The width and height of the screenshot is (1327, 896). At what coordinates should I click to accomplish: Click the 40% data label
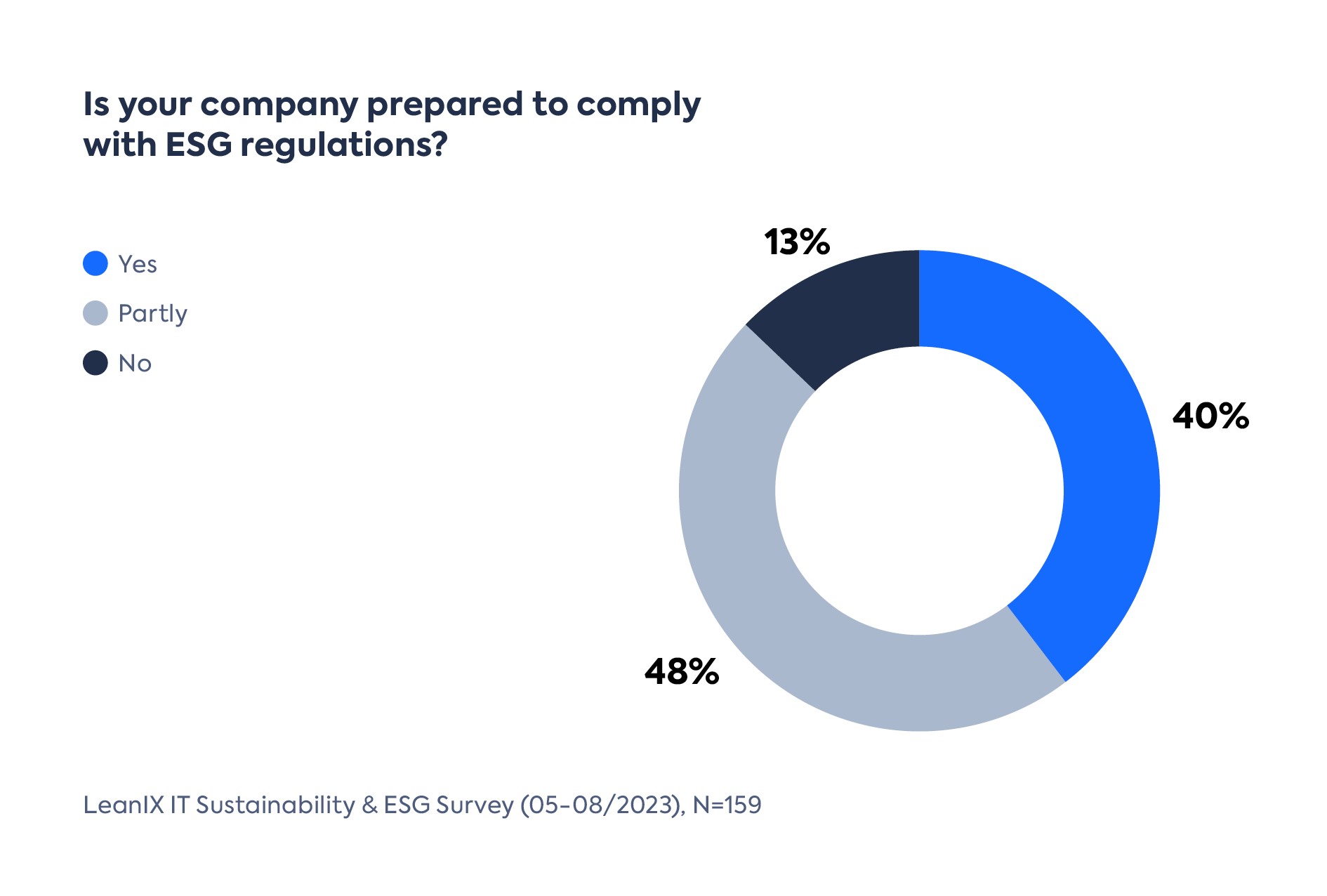(x=1210, y=416)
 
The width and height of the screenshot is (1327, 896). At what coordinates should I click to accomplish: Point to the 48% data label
(x=682, y=671)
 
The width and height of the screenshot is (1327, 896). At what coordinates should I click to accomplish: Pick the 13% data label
(x=797, y=242)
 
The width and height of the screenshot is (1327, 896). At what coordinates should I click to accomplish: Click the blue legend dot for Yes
(x=95, y=264)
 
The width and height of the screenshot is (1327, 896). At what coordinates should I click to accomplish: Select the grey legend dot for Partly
(x=95, y=313)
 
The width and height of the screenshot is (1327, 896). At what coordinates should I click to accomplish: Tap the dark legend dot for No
(x=95, y=363)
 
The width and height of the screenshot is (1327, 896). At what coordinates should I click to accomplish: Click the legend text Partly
(x=152, y=313)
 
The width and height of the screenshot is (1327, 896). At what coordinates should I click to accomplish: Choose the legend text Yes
(x=138, y=264)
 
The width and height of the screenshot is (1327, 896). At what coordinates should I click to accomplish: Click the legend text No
(x=135, y=363)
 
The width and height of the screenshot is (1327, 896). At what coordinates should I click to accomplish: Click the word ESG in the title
(x=198, y=144)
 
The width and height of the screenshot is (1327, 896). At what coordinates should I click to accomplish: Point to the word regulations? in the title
(x=343, y=145)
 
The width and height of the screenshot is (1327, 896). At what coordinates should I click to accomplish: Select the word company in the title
(x=279, y=105)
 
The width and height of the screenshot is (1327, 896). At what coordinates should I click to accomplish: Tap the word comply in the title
(x=638, y=105)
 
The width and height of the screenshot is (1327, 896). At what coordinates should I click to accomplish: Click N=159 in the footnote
(x=727, y=805)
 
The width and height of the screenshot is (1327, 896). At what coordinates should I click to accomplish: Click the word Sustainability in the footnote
(x=275, y=805)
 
